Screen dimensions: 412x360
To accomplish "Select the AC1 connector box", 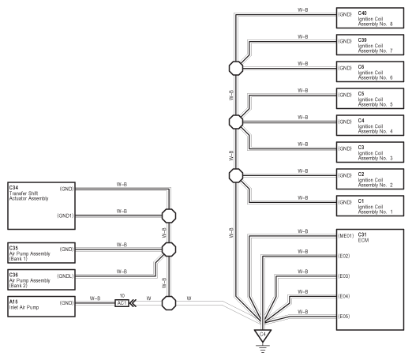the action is coord(122,303).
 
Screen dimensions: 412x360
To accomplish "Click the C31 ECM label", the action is coord(363,238).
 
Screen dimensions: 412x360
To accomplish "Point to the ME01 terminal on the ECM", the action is coord(346,236).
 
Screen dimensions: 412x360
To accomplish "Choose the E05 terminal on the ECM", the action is coord(344,317).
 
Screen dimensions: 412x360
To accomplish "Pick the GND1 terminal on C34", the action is coord(66,216).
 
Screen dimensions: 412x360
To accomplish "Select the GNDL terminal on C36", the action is coord(66,276).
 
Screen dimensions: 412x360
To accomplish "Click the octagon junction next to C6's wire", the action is coord(236,69).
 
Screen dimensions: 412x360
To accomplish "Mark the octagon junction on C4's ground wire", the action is coord(236,122).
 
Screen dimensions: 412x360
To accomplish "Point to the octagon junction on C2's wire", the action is coord(236,175).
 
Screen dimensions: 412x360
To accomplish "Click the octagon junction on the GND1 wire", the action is coord(169,216).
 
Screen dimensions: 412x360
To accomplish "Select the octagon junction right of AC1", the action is coord(169,303).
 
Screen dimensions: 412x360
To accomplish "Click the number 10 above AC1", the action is coord(122,296).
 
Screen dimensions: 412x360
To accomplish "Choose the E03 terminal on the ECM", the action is coord(344,276).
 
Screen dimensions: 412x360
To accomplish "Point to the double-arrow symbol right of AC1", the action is coord(133,303).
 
